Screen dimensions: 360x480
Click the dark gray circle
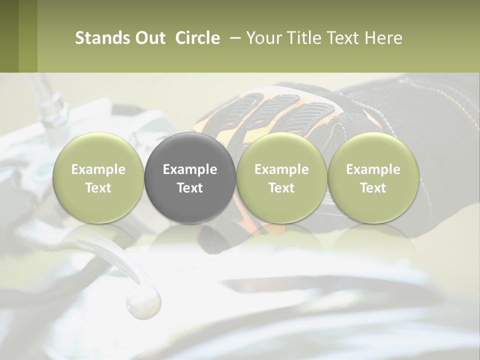(190, 177)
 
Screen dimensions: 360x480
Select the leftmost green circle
(98, 177)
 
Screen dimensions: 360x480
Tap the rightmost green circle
(373, 177)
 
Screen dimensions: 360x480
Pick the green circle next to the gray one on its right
(281, 177)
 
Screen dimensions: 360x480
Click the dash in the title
(233, 38)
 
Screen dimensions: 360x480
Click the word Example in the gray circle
(190, 169)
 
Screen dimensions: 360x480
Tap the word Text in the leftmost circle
(98, 188)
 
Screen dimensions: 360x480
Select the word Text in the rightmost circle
(373, 188)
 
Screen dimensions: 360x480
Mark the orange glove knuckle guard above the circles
(270, 107)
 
